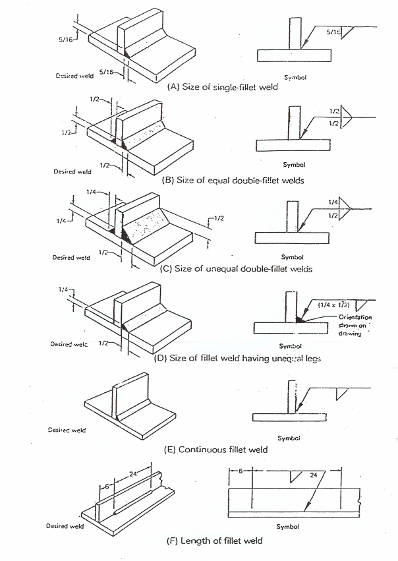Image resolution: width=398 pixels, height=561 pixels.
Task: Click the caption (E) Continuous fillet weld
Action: [x=215, y=450]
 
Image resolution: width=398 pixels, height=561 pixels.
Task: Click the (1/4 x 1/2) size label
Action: [x=334, y=305]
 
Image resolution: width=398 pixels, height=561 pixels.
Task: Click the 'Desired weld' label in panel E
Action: [x=65, y=430]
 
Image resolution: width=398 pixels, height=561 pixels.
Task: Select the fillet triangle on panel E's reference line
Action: [x=341, y=394]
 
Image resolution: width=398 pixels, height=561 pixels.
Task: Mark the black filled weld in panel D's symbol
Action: [x=300, y=319]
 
